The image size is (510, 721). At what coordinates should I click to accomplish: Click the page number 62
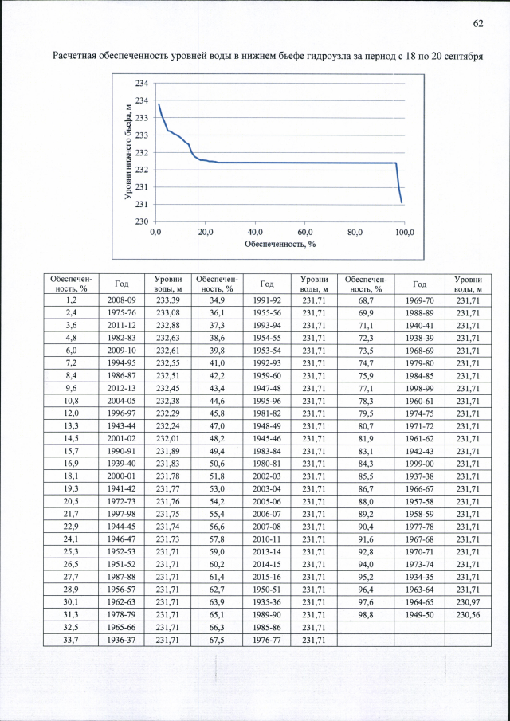click(x=478, y=23)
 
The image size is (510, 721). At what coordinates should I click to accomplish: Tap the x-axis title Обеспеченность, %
click(x=280, y=243)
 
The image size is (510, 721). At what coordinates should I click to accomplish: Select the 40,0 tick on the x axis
click(x=255, y=232)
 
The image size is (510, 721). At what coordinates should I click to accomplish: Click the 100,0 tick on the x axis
click(x=405, y=232)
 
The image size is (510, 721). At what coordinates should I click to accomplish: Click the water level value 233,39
click(x=168, y=300)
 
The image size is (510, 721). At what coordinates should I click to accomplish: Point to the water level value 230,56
click(x=468, y=617)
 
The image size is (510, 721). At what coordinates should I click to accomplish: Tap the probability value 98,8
click(x=367, y=617)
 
